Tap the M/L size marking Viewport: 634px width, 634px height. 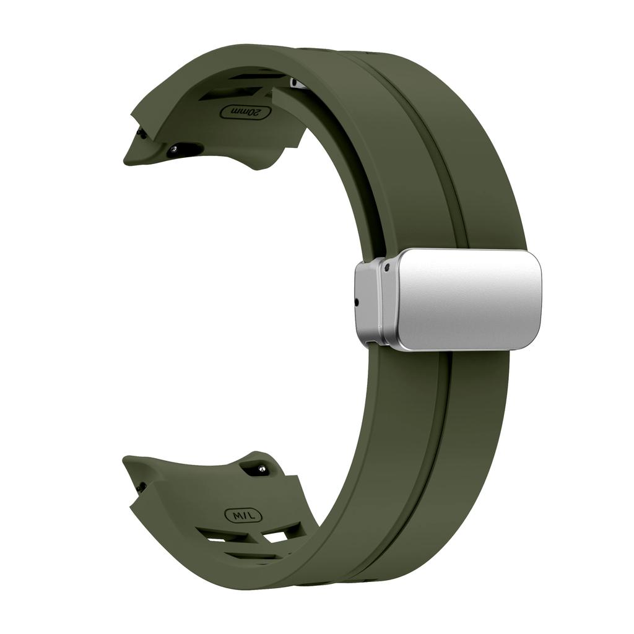pyautogui.click(x=243, y=515)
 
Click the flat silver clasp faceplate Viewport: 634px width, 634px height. pyautogui.click(x=467, y=298)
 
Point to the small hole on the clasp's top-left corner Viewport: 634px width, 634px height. pyautogui.click(x=387, y=268)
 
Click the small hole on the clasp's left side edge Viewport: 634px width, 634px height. pyautogui.click(x=357, y=303)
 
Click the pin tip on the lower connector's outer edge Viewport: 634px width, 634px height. pyautogui.click(x=142, y=486)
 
